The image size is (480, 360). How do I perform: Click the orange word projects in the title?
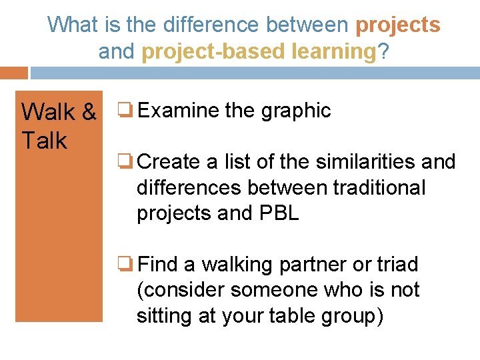pos(398,25)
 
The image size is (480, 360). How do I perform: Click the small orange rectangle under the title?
pos(13,73)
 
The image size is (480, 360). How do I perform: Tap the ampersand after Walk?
pos(89,113)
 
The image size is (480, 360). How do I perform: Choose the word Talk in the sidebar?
pos(44,141)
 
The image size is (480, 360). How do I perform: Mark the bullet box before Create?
pos(124,161)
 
